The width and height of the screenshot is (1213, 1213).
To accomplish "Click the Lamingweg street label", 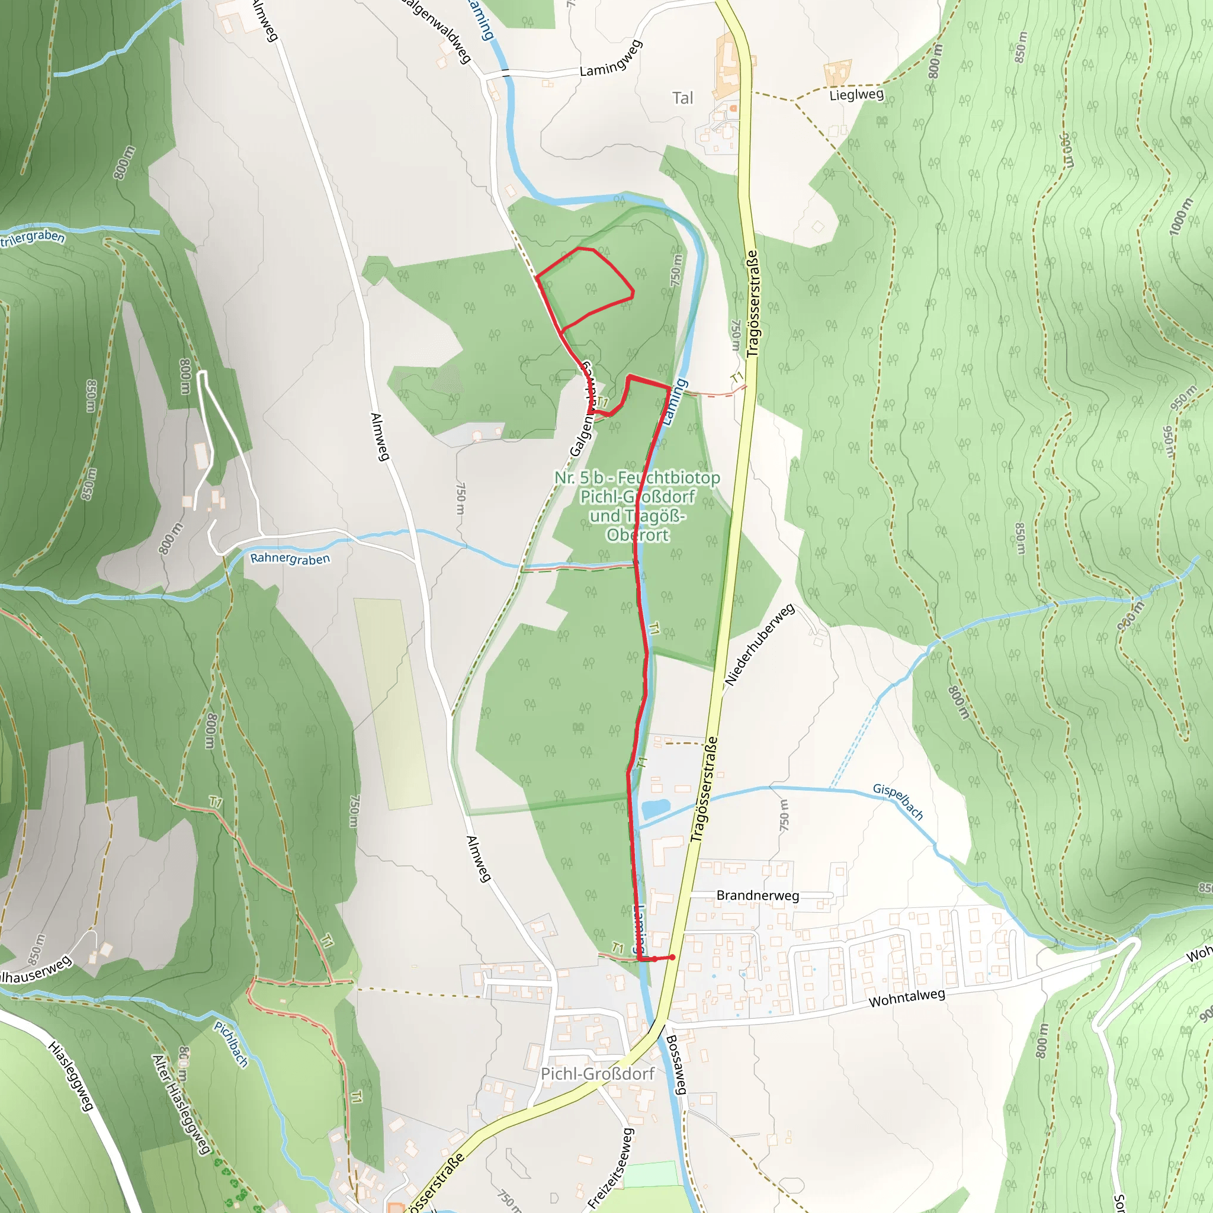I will pyautogui.click(x=610, y=59).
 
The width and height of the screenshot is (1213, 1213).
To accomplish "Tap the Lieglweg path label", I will pyautogui.click(x=856, y=95).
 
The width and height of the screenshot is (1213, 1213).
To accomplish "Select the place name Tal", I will pyautogui.click(x=682, y=98).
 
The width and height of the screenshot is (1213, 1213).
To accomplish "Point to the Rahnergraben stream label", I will pyautogui.click(x=290, y=558).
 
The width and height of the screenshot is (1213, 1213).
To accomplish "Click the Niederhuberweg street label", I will pyautogui.click(x=760, y=645).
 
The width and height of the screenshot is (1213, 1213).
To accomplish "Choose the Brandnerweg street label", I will pyautogui.click(x=757, y=896).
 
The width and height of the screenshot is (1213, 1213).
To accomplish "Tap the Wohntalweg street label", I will pyautogui.click(x=906, y=998).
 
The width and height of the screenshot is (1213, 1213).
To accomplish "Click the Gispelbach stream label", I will pyautogui.click(x=898, y=802).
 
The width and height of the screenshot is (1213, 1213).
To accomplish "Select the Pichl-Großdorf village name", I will pyautogui.click(x=597, y=1074).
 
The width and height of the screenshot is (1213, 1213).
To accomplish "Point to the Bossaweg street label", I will pyautogui.click(x=676, y=1066).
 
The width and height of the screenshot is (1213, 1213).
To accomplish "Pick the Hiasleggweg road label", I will pyautogui.click(x=71, y=1076).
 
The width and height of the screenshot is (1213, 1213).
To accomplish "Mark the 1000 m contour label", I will pyautogui.click(x=1180, y=217).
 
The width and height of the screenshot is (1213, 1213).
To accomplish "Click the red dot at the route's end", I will pyautogui.click(x=672, y=958).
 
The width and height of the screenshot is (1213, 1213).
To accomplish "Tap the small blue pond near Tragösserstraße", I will pyautogui.click(x=656, y=808).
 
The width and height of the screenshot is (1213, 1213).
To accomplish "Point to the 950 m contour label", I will pyautogui.click(x=1183, y=400).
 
